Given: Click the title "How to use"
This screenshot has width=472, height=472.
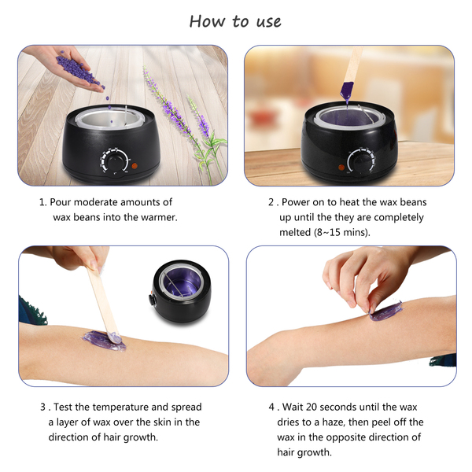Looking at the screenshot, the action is click(x=235, y=22).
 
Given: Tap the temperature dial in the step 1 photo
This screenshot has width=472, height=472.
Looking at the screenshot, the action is click(x=115, y=162).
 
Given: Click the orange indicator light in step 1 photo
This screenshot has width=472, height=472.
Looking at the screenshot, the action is click(x=135, y=165).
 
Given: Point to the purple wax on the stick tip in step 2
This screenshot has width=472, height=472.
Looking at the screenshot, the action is click(x=347, y=90).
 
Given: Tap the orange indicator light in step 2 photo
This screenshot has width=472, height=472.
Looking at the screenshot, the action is click(x=341, y=168).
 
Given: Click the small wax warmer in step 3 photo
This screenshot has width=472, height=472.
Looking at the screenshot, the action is click(x=181, y=291).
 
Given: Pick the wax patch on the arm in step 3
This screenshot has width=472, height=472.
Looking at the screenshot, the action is click(x=104, y=341).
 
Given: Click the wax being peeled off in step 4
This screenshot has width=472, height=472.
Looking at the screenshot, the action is click(x=386, y=312).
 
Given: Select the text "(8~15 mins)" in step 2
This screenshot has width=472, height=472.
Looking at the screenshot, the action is click(x=342, y=232).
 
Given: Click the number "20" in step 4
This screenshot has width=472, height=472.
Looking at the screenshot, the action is click(x=312, y=407).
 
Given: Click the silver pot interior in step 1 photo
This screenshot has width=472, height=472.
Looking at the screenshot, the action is click(x=111, y=119).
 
